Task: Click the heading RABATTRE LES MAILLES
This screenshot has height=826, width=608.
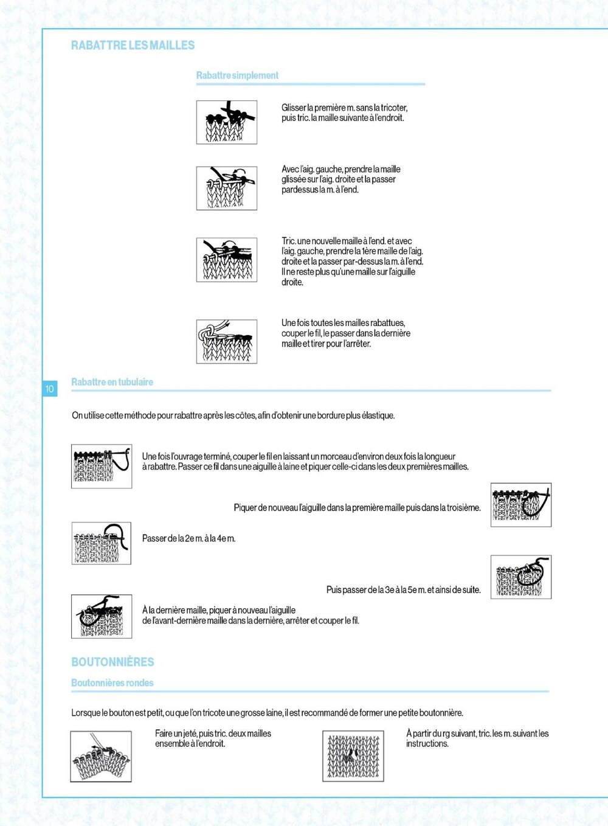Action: (133, 45)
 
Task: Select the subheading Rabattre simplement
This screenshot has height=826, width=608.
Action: (237, 75)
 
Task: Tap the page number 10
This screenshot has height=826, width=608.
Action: (49, 389)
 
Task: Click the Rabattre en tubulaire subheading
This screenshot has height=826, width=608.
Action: (112, 382)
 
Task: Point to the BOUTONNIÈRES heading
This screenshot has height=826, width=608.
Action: (112, 662)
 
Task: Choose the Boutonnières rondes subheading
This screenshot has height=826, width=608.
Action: (112, 682)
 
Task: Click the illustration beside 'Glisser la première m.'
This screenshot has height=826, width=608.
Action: (226, 122)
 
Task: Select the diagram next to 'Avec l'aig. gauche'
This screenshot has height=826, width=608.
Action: (226, 188)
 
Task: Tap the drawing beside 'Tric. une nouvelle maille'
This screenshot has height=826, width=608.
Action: (226, 260)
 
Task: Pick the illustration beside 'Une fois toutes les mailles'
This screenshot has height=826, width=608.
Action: (226, 341)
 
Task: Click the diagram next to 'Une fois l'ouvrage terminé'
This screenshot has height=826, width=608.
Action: (102, 466)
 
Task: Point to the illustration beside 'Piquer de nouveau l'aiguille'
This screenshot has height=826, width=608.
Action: (520, 505)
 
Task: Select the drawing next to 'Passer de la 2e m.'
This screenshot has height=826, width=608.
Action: (102, 543)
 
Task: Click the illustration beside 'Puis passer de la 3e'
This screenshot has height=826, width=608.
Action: (520, 577)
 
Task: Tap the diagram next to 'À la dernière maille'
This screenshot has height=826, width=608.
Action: (102, 616)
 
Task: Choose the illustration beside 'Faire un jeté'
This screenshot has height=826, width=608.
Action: (101, 756)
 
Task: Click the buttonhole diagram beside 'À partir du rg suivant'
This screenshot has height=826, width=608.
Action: (353, 756)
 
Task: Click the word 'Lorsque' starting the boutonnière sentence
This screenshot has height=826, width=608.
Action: (85, 713)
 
